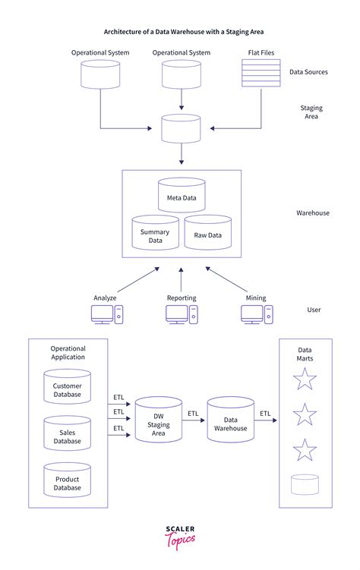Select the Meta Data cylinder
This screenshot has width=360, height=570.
coord(182,196)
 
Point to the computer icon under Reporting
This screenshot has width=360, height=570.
coord(182,316)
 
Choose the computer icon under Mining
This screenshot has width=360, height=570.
coord(256,316)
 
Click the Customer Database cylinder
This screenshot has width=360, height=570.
coord(67,388)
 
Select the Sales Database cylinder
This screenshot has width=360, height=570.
coord(67,434)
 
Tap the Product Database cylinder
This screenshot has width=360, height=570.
coord(67,480)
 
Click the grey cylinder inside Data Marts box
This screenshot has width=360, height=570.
coord(305,484)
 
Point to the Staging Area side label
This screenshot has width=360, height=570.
coord(311,113)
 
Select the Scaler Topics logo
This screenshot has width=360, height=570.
coord(180,537)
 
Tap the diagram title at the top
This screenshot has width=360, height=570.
coord(180,33)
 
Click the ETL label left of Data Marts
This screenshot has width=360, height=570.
coord(265,414)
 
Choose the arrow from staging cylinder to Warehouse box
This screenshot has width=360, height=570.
coord(182,155)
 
